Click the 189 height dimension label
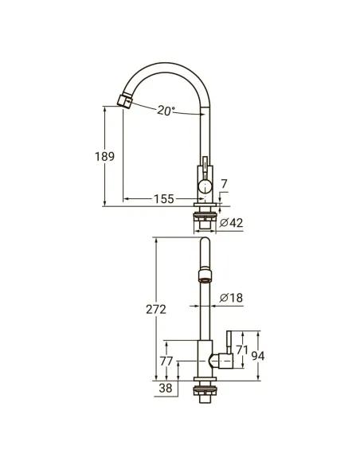tap(104, 156)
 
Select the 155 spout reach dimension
tap(164, 199)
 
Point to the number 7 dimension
tap(224, 184)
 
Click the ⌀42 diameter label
tap(232, 222)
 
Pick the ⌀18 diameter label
tap(232, 298)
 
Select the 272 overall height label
tap(156, 310)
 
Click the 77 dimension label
tap(166, 361)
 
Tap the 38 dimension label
tap(166, 388)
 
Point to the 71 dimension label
tap(242, 350)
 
